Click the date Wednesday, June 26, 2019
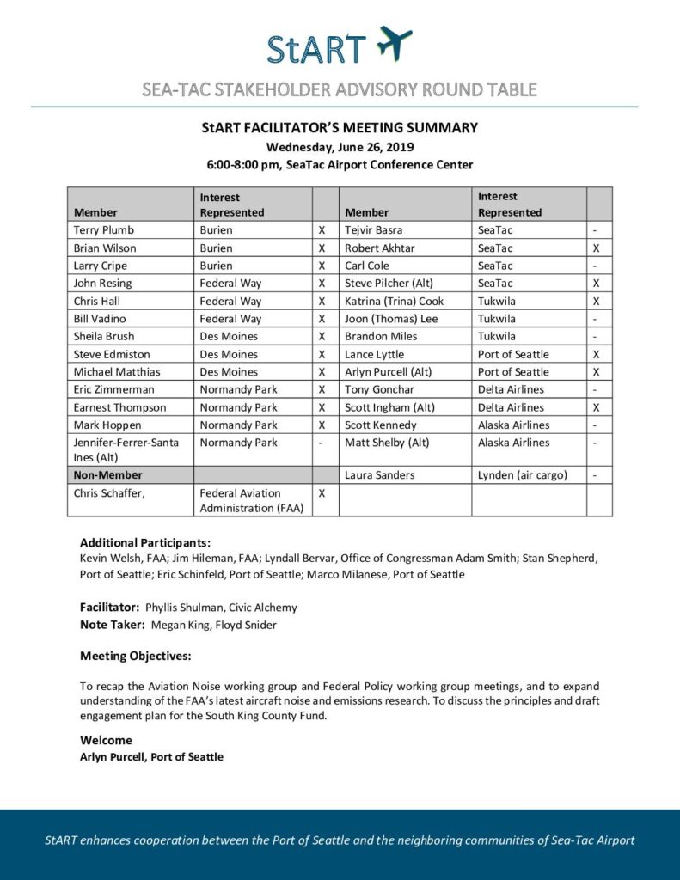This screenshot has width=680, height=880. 340,146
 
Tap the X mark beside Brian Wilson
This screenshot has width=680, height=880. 322,248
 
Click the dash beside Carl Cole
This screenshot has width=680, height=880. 596,266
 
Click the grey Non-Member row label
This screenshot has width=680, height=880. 108,474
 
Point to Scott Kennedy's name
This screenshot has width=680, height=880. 380,425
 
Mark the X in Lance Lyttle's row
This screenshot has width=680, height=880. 596,354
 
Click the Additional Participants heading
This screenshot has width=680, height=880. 145,543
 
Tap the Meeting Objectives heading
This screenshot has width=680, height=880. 136,656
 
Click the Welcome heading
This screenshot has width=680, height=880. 106,740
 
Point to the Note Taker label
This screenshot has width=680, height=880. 113,625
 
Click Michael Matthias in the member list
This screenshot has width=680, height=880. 117,372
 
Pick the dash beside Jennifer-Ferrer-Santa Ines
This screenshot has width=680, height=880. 322,443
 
